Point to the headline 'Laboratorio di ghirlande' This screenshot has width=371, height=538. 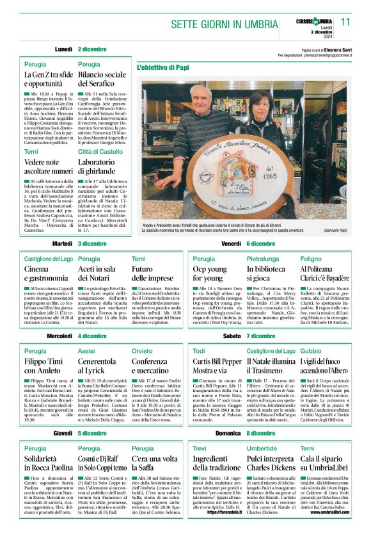tap(100, 167)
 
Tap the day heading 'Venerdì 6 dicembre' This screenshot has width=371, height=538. tap(249, 244)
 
